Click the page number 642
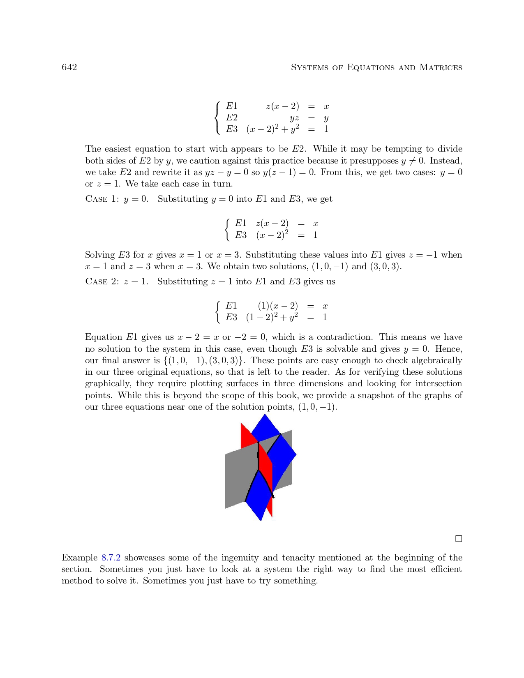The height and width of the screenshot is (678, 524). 69,67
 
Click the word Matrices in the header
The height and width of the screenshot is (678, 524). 441,67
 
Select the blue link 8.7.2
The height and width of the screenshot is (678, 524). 111,558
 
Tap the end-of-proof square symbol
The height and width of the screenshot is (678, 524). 459,539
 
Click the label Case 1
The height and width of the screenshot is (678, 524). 102,199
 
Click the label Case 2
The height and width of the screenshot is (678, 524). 102,282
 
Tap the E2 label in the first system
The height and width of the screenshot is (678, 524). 232,118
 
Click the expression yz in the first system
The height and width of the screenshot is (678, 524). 294,118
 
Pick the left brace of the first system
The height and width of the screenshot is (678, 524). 217,118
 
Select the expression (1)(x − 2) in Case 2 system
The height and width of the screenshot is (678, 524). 278,306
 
